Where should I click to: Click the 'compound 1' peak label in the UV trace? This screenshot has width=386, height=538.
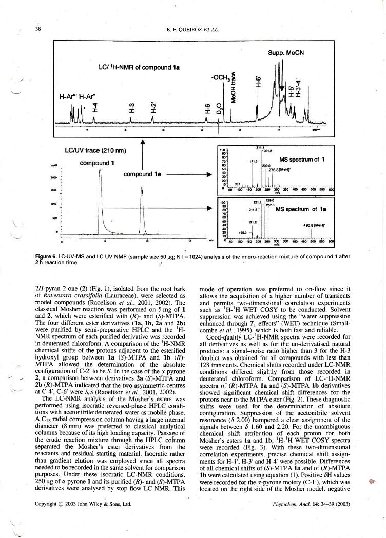click(x=98, y=163)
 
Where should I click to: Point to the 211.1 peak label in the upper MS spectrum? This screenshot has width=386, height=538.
click(x=260, y=147)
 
